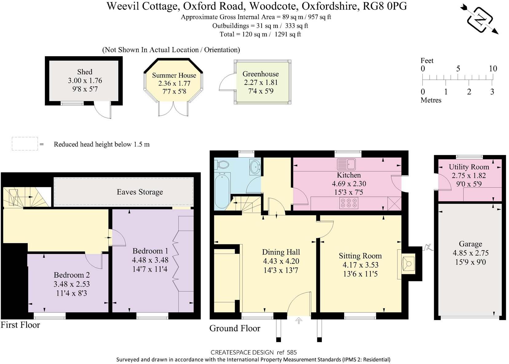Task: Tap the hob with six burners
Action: point(349,203)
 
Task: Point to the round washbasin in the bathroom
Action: point(255,167)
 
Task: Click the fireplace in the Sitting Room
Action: point(408,264)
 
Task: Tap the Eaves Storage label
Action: point(140,192)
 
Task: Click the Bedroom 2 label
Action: point(72,275)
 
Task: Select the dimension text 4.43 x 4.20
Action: point(281,261)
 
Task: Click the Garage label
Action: point(470,244)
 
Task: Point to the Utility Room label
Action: point(469,167)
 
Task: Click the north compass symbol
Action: point(479,19)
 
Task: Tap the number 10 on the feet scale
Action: point(493,69)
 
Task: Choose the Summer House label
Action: point(174,75)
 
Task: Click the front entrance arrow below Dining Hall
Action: point(298,321)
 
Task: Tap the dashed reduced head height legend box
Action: point(25,144)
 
